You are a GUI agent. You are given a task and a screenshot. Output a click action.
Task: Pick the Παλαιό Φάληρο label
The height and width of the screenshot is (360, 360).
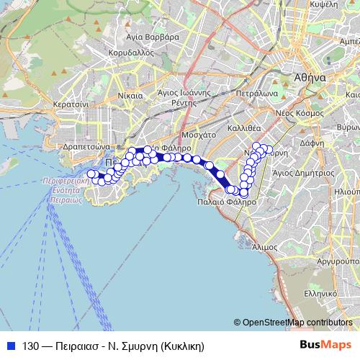(x=226, y=202)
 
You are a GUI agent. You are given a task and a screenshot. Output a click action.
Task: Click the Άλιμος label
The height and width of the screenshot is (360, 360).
(x=266, y=246)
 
